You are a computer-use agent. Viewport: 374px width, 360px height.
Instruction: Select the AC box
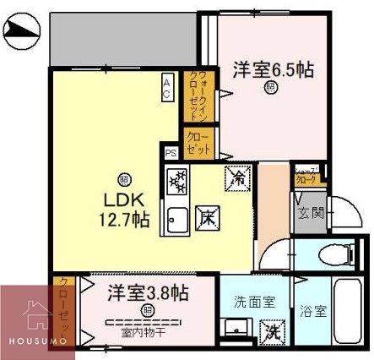click(x=167, y=87)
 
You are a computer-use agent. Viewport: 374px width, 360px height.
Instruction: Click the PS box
click(x=171, y=153)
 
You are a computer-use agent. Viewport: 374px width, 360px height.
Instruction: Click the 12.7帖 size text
click(x=126, y=220)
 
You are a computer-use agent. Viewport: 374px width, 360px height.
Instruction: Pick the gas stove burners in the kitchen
click(x=177, y=181)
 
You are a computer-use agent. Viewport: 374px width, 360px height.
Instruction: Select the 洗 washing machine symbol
click(x=270, y=334)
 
